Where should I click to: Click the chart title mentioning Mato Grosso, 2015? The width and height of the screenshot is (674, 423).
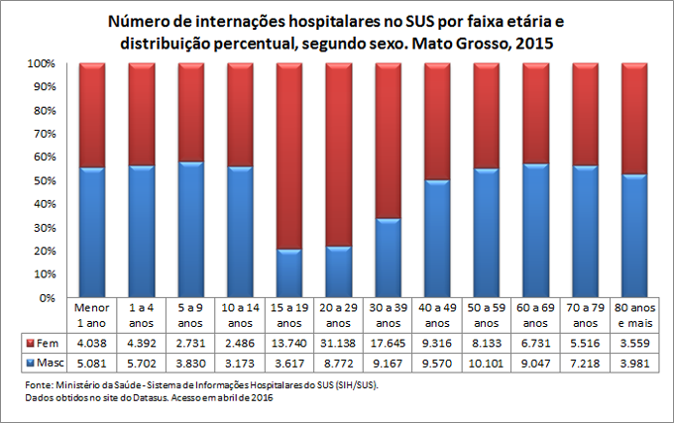336,33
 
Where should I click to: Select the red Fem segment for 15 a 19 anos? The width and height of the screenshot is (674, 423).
288,156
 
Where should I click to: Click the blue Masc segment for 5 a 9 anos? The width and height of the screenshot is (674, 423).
190,229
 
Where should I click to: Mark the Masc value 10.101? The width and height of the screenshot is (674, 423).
486,362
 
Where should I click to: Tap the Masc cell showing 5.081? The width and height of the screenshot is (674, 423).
91,362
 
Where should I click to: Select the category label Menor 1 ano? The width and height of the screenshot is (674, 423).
91,315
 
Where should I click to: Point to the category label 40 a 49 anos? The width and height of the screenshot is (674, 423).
436,315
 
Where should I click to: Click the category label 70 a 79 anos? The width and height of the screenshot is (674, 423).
585,315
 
